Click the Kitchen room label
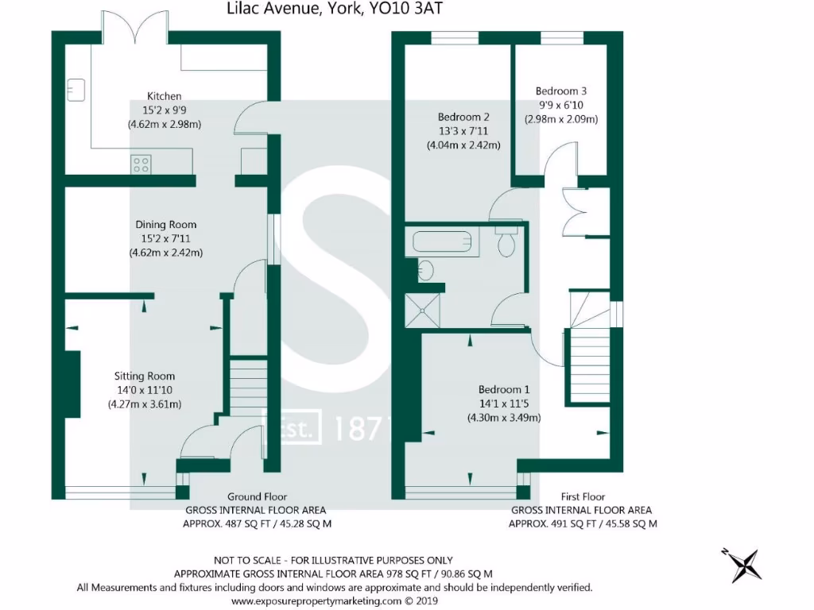coord(164,96)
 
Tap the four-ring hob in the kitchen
coord(141,164)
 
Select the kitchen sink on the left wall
coord(76,90)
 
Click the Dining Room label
coord(165,225)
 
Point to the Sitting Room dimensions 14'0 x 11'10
coord(145,390)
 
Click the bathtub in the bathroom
coord(441,242)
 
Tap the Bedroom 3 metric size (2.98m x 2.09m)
coord(560,119)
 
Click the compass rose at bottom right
coord(746,565)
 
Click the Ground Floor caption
coord(257,496)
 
